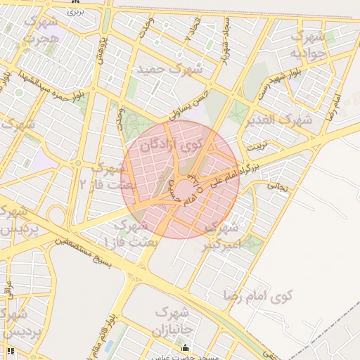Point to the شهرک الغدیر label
click(278, 120)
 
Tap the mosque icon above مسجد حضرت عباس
click(185, 347)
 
